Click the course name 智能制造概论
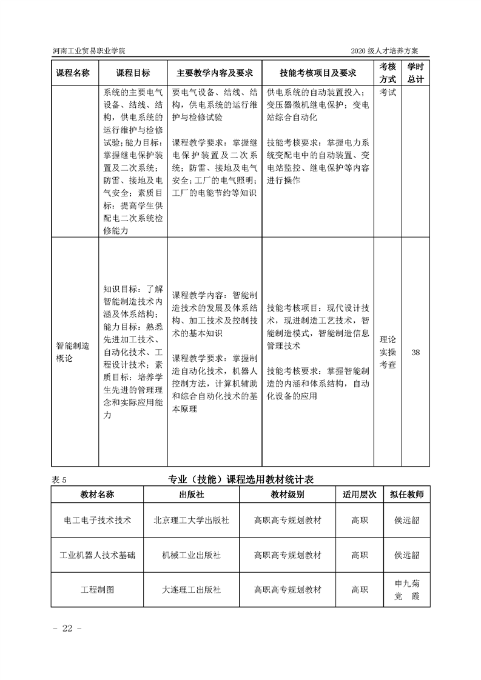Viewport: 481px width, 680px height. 73,352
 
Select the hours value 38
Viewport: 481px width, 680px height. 415,352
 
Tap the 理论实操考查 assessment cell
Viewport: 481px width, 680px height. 388,352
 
